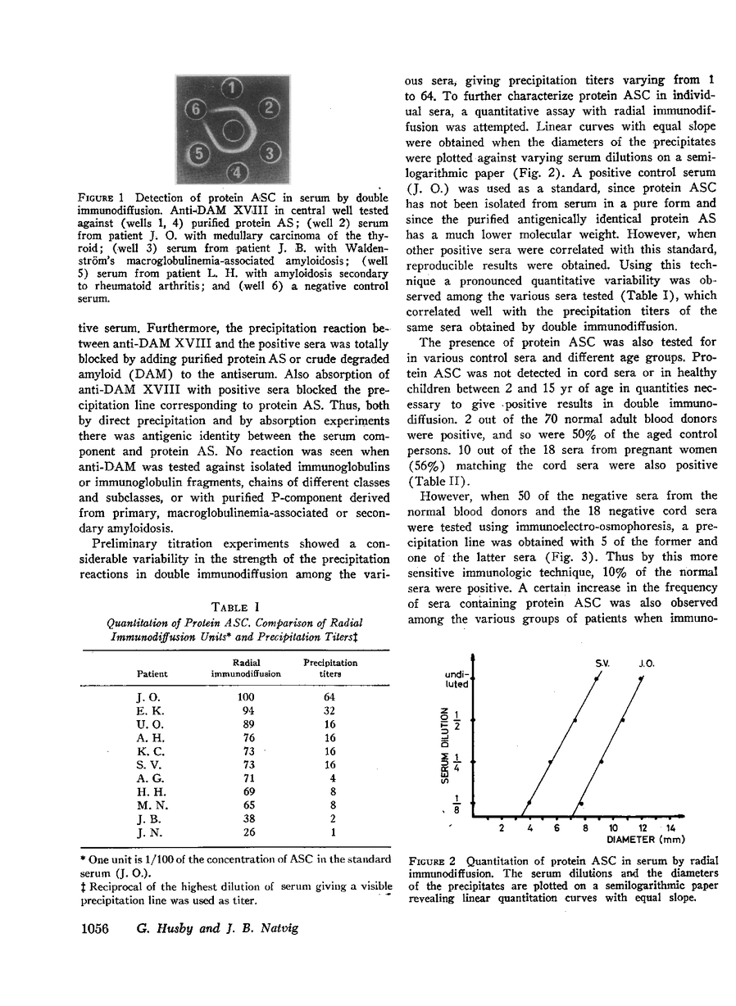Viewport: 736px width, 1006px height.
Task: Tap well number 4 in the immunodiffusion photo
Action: [x=234, y=171]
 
